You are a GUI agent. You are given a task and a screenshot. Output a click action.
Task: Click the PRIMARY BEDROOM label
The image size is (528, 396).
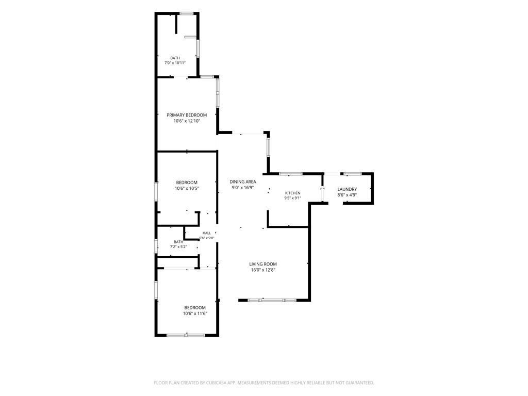pyautogui.click(x=187, y=115)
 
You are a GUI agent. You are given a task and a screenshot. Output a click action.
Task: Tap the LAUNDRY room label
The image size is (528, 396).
pyautogui.click(x=347, y=190)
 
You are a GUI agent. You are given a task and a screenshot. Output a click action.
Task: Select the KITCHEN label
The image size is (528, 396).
pyautogui.click(x=293, y=193)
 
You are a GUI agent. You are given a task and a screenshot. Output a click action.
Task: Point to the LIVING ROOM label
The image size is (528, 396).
pyautogui.click(x=263, y=264)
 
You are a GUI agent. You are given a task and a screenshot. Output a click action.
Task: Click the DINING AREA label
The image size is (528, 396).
pyautogui.click(x=243, y=182)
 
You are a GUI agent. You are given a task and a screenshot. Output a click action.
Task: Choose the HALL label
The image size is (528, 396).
pyautogui.click(x=207, y=233)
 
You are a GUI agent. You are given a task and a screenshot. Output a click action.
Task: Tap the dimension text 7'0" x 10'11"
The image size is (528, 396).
pyautogui.click(x=175, y=63)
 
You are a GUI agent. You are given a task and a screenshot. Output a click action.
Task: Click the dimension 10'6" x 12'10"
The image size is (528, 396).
pyautogui.click(x=187, y=121)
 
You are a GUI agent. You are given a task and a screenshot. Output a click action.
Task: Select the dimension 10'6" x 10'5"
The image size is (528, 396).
pyautogui.click(x=187, y=189)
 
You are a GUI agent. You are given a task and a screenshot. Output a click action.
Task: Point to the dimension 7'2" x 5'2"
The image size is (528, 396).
pyautogui.click(x=178, y=247)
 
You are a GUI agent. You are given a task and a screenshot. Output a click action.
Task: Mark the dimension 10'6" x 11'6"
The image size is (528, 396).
pyautogui.click(x=195, y=313)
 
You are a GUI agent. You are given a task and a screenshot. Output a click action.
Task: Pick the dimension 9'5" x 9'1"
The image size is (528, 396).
pyautogui.click(x=293, y=198)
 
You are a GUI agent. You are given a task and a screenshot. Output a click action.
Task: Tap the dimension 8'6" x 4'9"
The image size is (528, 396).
pyautogui.click(x=347, y=195)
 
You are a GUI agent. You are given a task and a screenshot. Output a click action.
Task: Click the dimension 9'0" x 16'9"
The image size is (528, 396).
pyautogui.click(x=243, y=188)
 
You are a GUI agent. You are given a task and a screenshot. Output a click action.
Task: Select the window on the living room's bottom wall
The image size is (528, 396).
pyautogui.click(x=272, y=300)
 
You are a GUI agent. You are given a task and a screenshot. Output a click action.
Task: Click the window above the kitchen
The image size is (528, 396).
pyautogui.click(x=291, y=174)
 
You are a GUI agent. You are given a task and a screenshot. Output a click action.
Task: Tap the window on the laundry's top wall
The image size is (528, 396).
pyautogui.click(x=352, y=174)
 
